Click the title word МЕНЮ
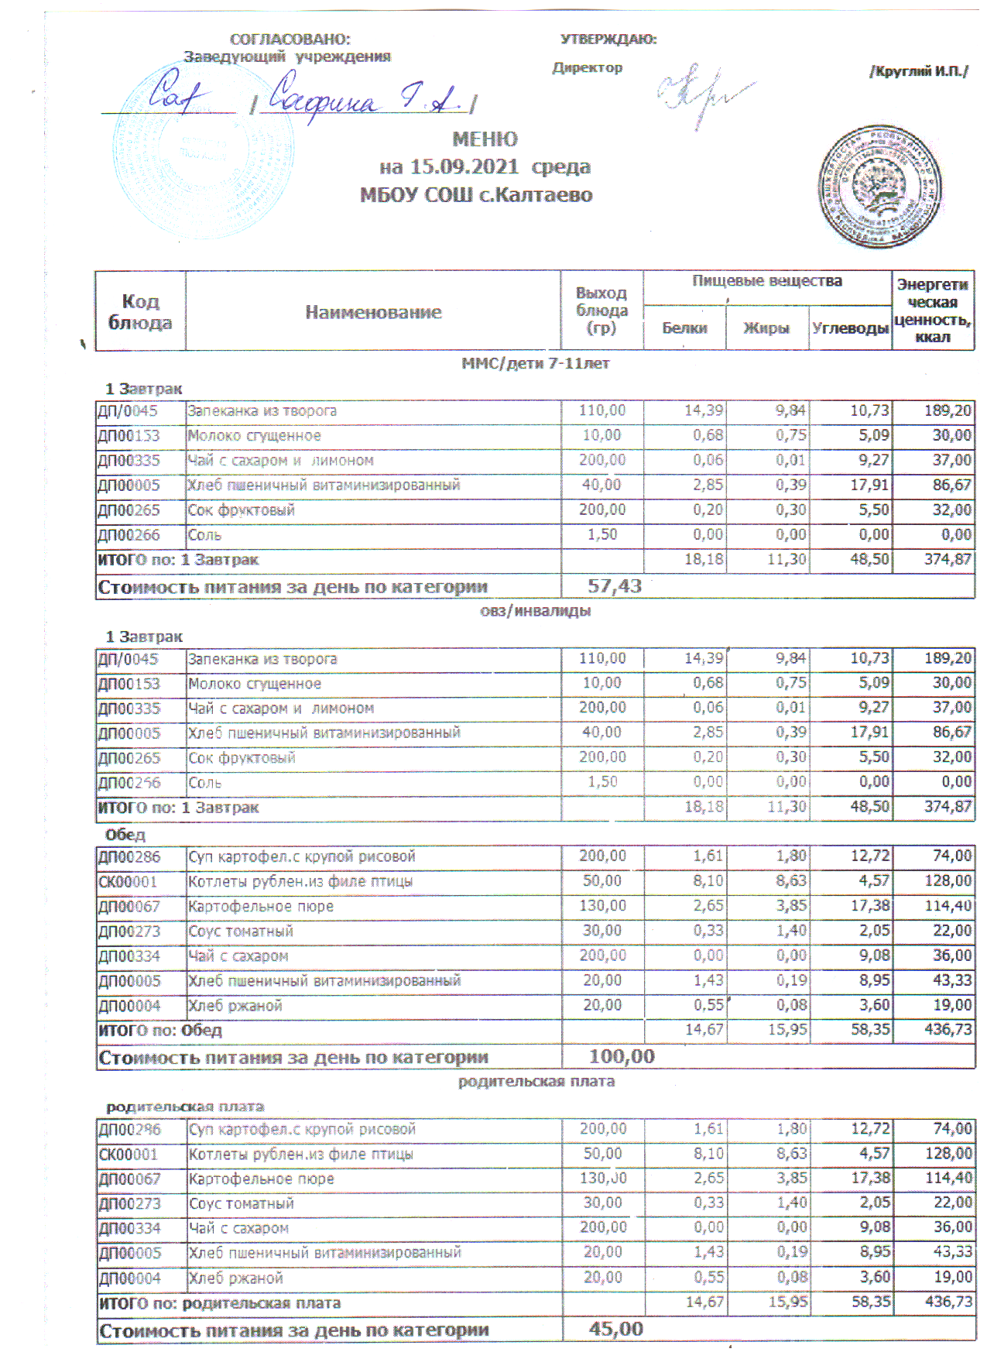[485, 139]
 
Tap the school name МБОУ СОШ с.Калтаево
[476, 194]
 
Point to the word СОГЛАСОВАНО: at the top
[290, 39]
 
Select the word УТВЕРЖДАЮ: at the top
[608, 39]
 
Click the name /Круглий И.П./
[919, 72]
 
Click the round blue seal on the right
[880, 187]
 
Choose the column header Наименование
[373, 312]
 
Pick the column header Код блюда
[140, 312]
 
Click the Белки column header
[684, 328]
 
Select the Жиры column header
[766, 328]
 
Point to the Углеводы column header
[850, 328]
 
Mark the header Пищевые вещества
[766, 281]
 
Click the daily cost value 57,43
[615, 586]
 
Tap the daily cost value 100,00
[622, 1056]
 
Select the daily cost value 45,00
[615, 1329]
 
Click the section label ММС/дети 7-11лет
[535, 363]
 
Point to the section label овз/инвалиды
[535, 611]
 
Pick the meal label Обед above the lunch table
[125, 835]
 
